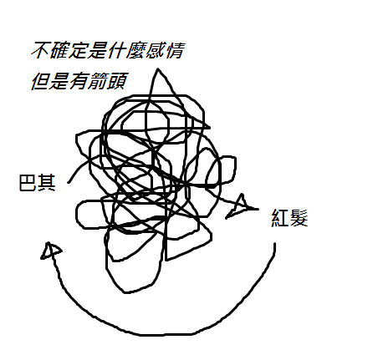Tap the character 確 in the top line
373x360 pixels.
[x=59, y=50]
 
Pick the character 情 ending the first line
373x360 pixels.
[x=174, y=50]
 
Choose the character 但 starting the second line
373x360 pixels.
[x=40, y=81]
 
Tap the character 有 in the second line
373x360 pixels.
[x=79, y=81]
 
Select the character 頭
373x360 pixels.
[x=117, y=81]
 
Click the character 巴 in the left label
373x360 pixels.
[x=28, y=183]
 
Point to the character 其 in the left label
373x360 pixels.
[x=47, y=183]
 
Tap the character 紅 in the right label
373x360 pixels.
[x=280, y=218]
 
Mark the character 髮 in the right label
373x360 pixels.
[x=299, y=218]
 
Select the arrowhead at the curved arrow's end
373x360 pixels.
[x=50, y=251]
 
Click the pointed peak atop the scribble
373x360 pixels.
[x=158, y=68]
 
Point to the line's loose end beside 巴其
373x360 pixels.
[x=69, y=183]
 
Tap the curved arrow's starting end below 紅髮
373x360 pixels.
[x=274, y=244]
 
